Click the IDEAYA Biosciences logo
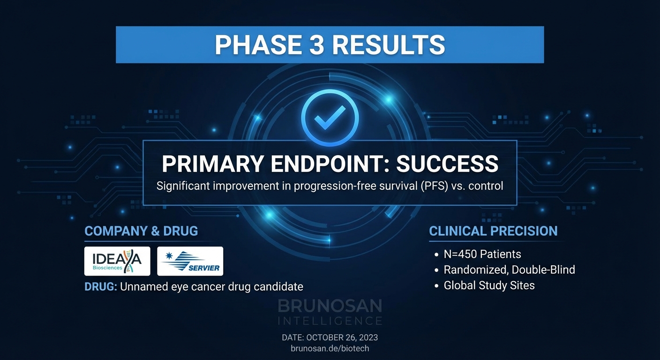click(117, 261)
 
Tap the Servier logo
click(190, 261)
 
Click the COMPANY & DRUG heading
click(141, 231)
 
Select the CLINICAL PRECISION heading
click(493, 231)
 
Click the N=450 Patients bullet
click(482, 254)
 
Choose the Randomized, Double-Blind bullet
click(509, 270)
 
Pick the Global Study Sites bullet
click(489, 285)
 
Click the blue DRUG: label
click(101, 286)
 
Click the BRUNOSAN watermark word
click(330, 307)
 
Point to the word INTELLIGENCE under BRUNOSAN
click(330, 321)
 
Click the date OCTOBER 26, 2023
click(345, 337)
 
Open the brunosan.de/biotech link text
click(330, 349)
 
